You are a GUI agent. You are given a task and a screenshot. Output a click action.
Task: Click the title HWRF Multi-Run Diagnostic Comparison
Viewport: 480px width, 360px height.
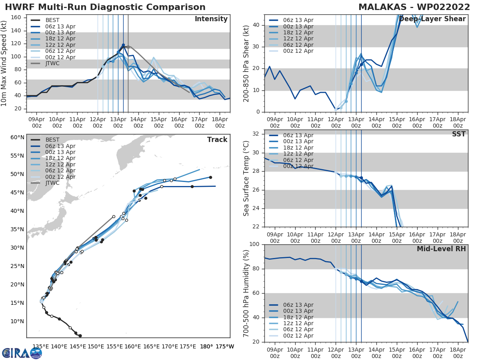click(105, 7)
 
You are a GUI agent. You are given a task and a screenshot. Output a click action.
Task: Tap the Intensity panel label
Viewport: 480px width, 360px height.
click(211, 19)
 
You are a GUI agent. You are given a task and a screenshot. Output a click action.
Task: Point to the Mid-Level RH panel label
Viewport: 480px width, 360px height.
click(441, 249)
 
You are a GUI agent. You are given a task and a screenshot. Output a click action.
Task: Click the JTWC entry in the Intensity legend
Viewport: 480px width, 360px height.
click(55, 63)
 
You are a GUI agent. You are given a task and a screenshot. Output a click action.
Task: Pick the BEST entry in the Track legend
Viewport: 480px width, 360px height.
click(52, 140)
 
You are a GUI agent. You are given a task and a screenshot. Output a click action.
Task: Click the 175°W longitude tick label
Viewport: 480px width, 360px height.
click(225, 347)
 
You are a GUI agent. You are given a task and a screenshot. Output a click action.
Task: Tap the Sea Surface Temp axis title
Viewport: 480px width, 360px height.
click(246, 178)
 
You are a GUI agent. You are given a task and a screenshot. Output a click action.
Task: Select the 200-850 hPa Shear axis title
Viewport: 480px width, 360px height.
click(246, 63)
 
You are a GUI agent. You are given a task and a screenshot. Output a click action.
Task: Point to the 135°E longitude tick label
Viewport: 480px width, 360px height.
click(41, 347)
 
